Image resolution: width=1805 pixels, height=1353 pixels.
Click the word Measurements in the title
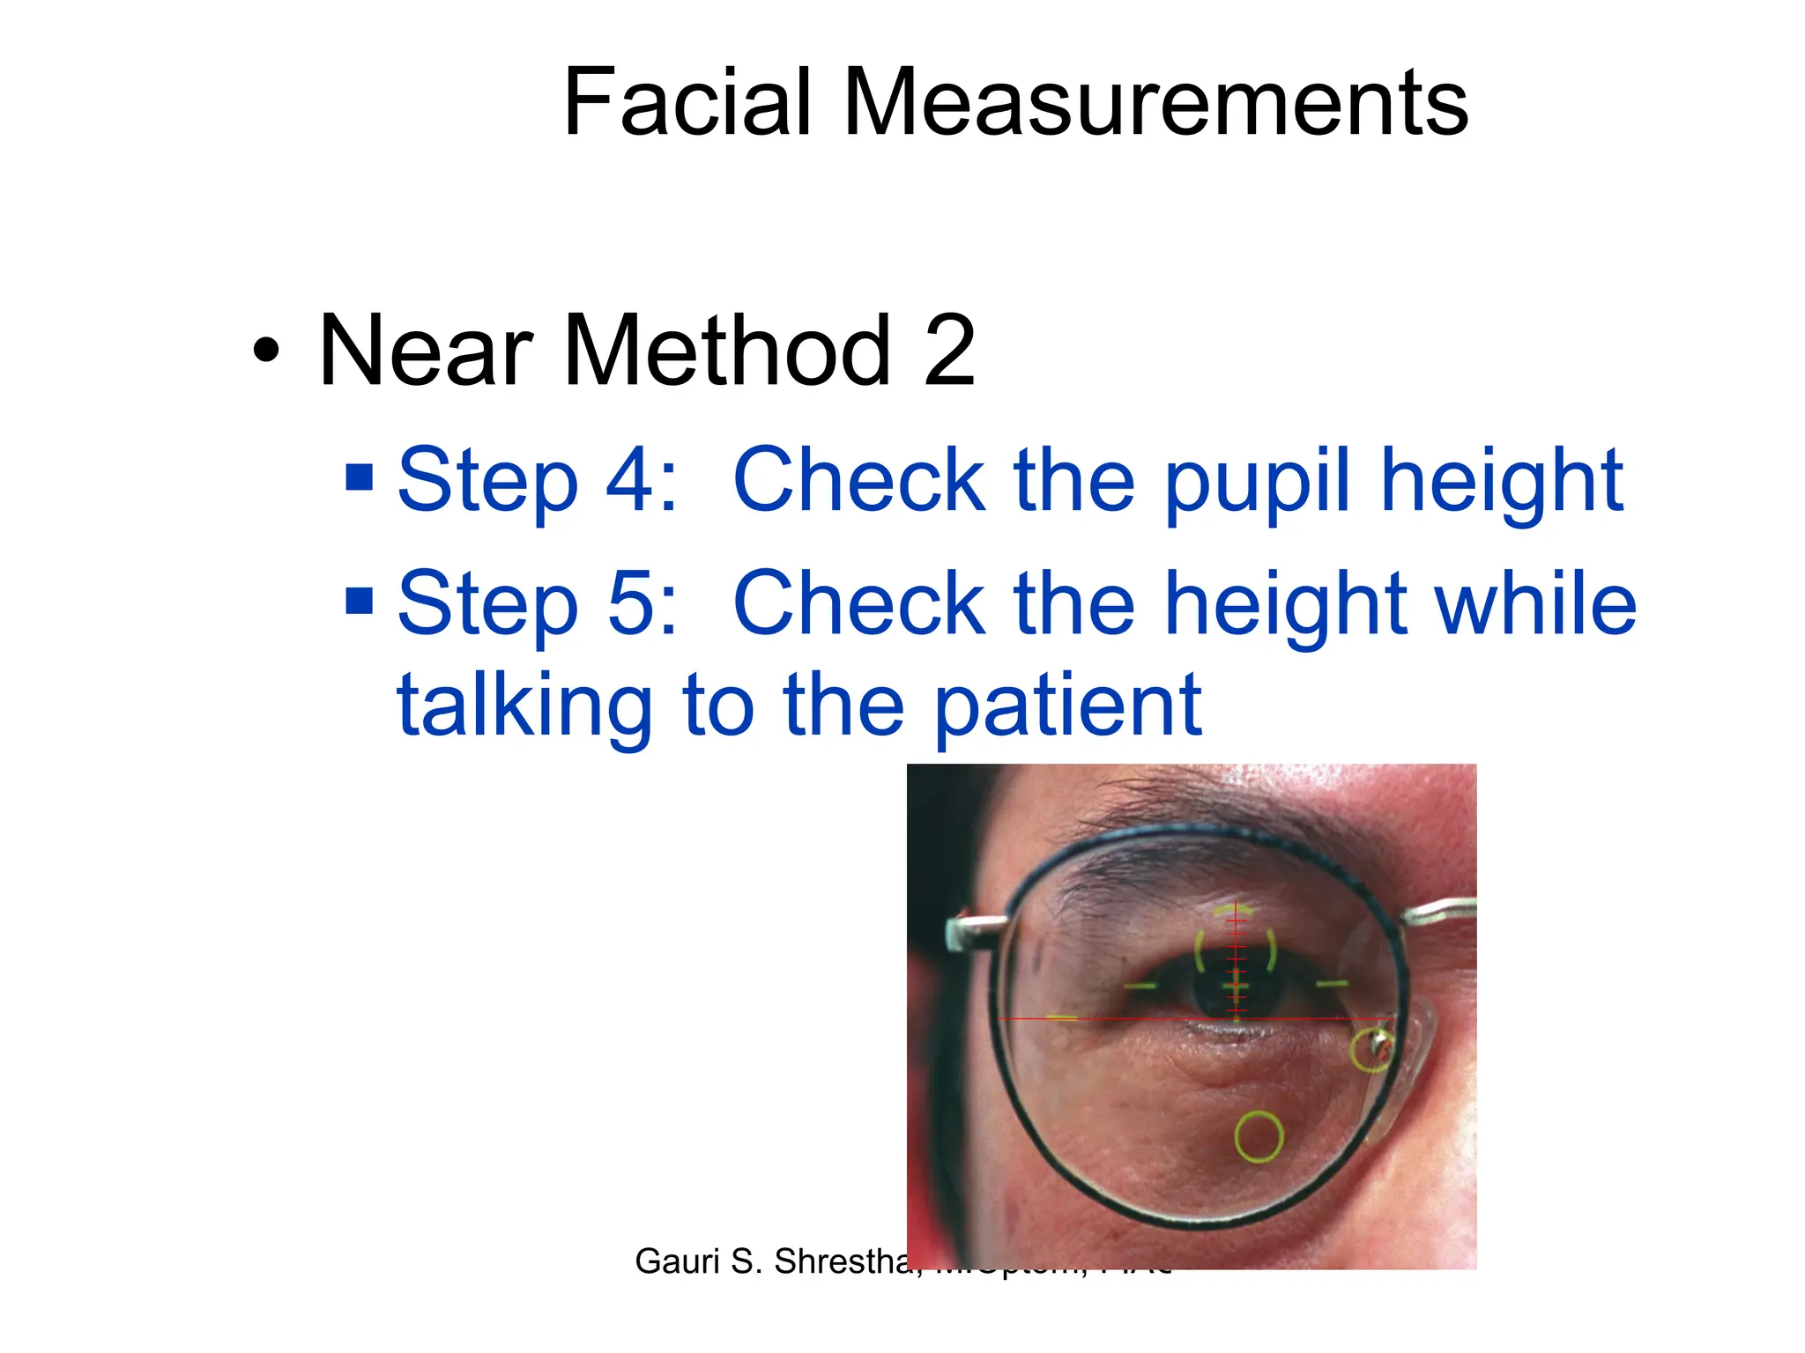pos(1155,103)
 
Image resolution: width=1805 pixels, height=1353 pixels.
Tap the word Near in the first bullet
pos(426,351)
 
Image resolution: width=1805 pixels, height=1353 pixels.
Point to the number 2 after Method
pos(949,351)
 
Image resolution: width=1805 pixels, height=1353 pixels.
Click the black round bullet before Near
pos(265,351)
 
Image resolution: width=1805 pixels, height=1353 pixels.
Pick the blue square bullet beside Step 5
pos(360,601)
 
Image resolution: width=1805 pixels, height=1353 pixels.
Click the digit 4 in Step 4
pos(633,480)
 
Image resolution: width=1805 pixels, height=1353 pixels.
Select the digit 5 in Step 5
pos(633,604)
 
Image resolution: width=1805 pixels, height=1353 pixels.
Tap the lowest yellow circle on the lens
pos(1258,1136)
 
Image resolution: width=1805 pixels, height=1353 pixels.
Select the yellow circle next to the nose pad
pos(1371,1050)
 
